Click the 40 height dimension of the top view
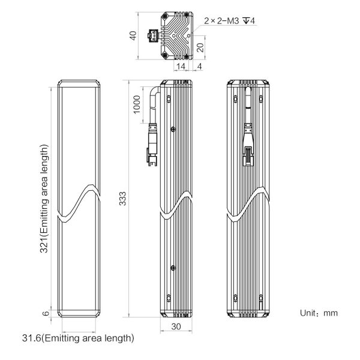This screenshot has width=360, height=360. tap(133, 35)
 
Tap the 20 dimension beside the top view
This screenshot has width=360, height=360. tap(200, 47)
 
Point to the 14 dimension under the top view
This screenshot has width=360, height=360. tap(181, 67)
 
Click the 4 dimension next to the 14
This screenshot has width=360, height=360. tap(200, 67)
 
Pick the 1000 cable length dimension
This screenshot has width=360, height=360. tap(137, 104)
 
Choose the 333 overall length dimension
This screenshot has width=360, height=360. tap(122, 199)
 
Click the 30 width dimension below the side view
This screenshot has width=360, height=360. tap(176, 326)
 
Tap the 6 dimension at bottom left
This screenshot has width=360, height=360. tap(46, 313)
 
